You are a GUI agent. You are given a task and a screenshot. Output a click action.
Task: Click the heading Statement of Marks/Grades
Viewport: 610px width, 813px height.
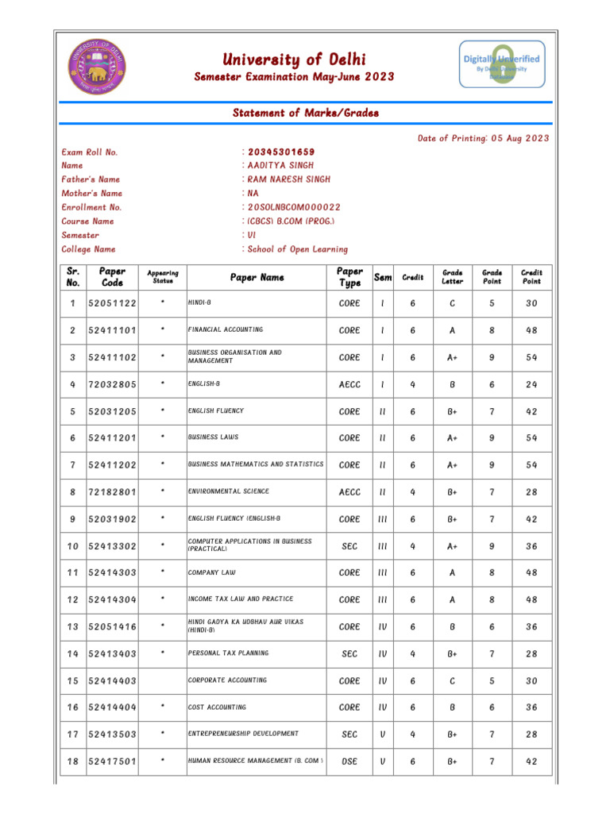(305, 113)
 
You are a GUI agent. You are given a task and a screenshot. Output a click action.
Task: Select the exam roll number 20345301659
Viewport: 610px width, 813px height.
(281, 152)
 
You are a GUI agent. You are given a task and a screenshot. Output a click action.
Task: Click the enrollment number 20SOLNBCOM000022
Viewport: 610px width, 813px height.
(294, 206)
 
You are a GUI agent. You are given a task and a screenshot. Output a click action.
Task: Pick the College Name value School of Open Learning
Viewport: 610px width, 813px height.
(298, 249)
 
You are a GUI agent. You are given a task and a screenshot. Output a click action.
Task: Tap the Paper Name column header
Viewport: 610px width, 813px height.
(257, 277)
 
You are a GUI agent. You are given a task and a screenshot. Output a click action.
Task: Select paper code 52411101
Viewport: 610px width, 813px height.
(113, 330)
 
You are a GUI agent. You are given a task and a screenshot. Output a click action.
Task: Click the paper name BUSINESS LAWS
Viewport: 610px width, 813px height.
(213, 437)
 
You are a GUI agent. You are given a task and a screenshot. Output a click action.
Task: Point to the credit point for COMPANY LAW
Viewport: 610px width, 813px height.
(531, 572)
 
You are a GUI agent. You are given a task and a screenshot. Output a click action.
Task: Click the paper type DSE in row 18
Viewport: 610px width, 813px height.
(349, 761)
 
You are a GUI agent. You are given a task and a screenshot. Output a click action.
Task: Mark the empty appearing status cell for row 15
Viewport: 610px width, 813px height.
(162, 680)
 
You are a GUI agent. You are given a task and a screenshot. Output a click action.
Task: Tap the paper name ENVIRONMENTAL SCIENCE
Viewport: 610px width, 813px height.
(228, 491)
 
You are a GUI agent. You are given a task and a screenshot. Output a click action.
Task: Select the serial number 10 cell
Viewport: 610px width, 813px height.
(73, 545)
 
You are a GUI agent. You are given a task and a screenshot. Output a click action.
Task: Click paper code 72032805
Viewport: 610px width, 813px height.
(113, 384)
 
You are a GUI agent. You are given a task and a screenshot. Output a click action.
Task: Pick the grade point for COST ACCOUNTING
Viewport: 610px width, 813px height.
(492, 707)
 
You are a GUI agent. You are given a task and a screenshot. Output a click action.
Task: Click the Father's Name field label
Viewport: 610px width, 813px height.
(91, 179)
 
